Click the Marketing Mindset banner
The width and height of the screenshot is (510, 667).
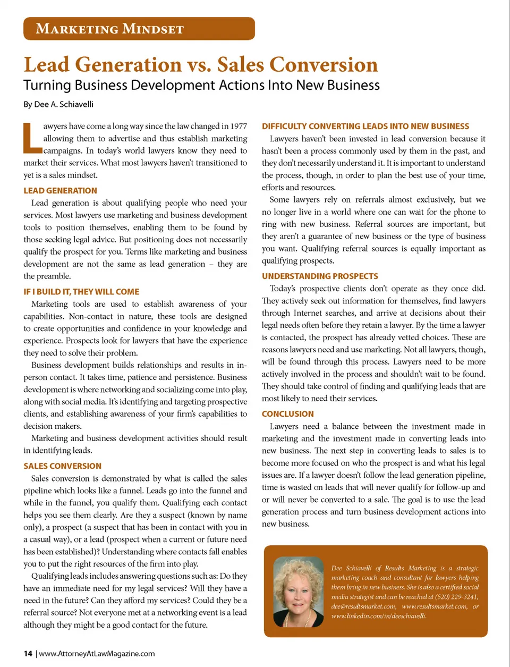pyautogui.click(x=139, y=29)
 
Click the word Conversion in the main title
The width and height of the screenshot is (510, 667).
pyautogui.click(x=324, y=65)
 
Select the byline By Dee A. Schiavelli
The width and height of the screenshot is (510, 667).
pyautogui.click(x=58, y=104)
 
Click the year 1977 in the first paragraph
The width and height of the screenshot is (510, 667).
pyautogui.click(x=237, y=126)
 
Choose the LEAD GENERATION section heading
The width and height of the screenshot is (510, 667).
pyautogui.click(x=60, y=191)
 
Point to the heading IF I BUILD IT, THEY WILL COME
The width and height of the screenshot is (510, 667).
pyautogui.click(x=81, y=292)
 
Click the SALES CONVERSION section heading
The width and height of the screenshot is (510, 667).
pyautogui.click(x=62, y=466)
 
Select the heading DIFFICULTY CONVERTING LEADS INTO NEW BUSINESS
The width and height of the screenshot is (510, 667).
pyautogui.click(x=365, y=126)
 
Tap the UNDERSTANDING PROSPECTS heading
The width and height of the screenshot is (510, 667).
pyautogui.click(x=320, y=276)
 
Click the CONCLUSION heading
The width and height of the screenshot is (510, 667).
pyautogui.click(x=287, y=414)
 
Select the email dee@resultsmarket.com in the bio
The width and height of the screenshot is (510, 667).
pyautogui.click(x=363, y=606)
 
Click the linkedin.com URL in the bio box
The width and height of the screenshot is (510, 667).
pyautogui.click(x=378, y=616)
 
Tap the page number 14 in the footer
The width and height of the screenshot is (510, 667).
pyautogui.click(x=28, y=654)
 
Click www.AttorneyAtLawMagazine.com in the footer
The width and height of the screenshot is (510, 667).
pyautogui.click(x=97, y=654)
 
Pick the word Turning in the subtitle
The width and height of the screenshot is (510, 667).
pyautogui.click(x=47, y=86)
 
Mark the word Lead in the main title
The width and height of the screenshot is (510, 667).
pyautogui.click(x=47, y=65)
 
